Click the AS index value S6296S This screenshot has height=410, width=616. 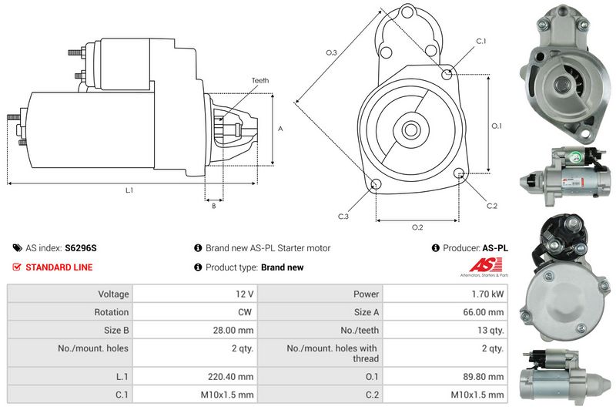click(81, 248)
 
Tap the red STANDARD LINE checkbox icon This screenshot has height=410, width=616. click(17, 267)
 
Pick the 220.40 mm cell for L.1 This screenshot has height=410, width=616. click(236, 377)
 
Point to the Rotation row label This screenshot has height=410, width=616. click(112, 312)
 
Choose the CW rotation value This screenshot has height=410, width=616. click(246, 312)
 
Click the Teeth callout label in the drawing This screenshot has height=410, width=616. click(259, 81)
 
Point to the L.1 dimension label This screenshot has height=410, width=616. click(128, 190)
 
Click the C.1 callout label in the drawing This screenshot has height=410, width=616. click(481, 40)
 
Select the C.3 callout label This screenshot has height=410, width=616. click(343, 216)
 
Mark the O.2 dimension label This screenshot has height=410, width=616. click(417, 227)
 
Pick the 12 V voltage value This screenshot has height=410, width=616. click(245, 294)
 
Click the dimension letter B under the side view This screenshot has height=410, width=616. click(213, 206)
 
